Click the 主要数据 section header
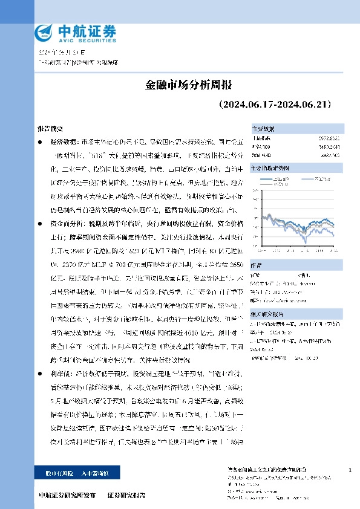263,129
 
